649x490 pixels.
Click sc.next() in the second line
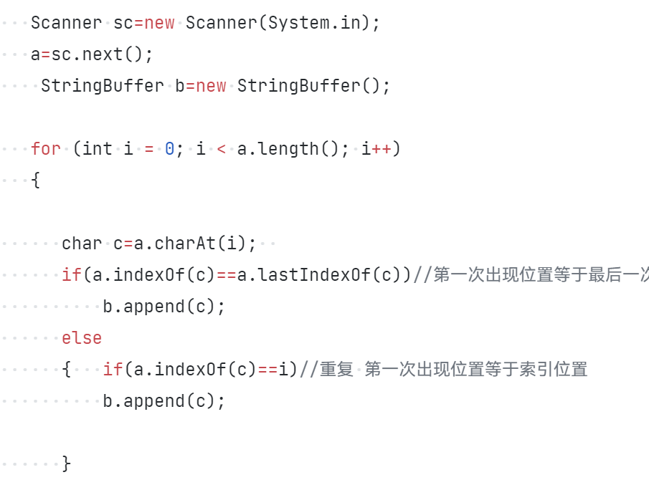pyautogui.click(x=102, y=54)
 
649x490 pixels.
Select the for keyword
pyautogui.click(x=46, y=149)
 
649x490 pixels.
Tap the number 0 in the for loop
pyautogui.click(x=170, y=149)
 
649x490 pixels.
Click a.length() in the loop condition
pyautogui.click(x=289, y=149)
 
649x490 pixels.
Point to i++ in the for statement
pyautogui.click(x=376, y=149)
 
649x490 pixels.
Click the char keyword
pyautogui.click(x=82, y=244)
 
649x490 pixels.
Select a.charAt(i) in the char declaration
pyautogui.click(x=195, y=244)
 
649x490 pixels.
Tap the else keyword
pyautogui.click(x=82, y=338)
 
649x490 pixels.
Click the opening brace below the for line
pyautogui.click(x=36, y=181)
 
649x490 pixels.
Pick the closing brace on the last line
pyautogui.click(x=67, y=464)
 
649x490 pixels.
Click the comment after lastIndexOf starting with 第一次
pyautogui.click(x=538, y=275)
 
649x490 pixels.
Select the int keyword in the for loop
pyautogui.click(x=98, y=149)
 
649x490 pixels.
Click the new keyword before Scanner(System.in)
pyautogui.click(x=159, y=23)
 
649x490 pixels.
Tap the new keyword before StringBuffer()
pyautogui.click(x=211, y=86)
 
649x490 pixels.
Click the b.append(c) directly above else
pyautogui.click(x=164, y=307)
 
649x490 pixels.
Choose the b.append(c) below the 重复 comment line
pyautogui.click(x=164, y=401)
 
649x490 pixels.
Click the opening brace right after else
pyautogui.click(x=67, y=370)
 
